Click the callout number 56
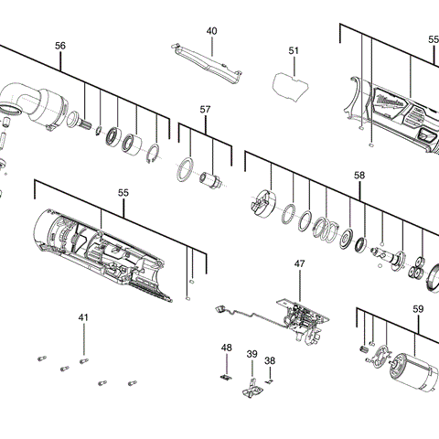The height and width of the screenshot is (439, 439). pyautogui.click(x=60, y=45)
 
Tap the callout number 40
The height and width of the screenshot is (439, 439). pyautogui.click(x=211, y=31)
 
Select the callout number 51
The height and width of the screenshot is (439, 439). pyautogui.click(x=294, y=51)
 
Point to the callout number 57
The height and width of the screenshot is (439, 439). pyautogui.click(x=205, y=110)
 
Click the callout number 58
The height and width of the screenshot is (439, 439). pyautogui.click(x=359, y=175)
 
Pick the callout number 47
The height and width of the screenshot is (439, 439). pyautogui.click(x=299, y=263)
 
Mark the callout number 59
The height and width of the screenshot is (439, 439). pyautogui.click(x=417, y=309)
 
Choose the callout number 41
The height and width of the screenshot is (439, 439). pyautogui.click(x=83, y=317)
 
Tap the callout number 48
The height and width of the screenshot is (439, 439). pyautogui.click(x=227, y=348)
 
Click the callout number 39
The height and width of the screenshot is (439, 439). pyautogui.click(x=252, y=354)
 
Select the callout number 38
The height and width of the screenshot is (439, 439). pyautogui.click(x=270, y=360)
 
